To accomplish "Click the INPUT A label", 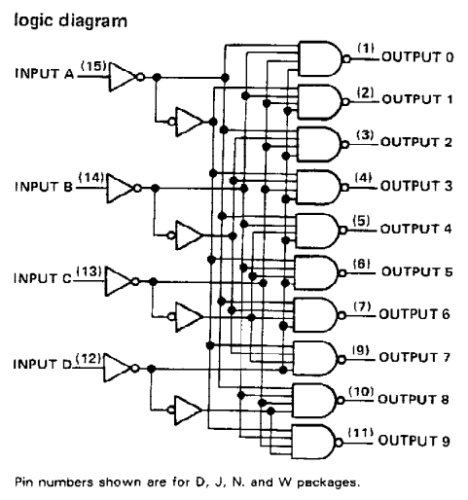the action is coord(45,74).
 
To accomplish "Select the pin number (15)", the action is coord(93,66).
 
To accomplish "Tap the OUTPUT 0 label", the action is coord(417,57).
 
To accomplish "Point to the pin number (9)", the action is coord(361,349).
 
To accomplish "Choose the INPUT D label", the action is coord(43,364).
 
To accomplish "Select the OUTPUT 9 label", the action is coord(414,441).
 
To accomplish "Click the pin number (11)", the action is coord(360,433).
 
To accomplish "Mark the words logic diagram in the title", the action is coord(70,21).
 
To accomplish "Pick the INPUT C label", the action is coord(43,278).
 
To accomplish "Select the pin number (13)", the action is coord(90,271).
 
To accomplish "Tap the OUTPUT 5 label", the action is coord(416,271).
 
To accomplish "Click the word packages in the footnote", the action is coord(329,482).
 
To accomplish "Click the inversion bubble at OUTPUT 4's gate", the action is coord(342,230).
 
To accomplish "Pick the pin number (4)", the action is coord(363,178).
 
